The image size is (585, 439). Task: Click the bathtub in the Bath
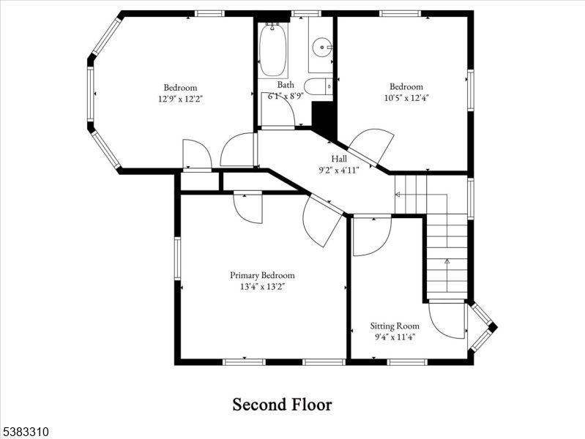(273, 49)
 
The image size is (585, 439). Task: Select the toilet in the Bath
(318, 87)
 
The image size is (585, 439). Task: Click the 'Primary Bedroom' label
(262, 275)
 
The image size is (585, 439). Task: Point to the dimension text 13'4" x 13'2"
(262, 287)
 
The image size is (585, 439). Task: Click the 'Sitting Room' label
(395, 326)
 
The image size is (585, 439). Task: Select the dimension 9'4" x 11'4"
(395, 337)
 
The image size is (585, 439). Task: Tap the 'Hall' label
(339, 159)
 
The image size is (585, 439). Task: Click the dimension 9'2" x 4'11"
(339, 170)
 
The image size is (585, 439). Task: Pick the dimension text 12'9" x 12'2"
(180, 98)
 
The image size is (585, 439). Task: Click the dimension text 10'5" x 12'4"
(406, 97)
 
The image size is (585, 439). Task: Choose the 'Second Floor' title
(282, 405)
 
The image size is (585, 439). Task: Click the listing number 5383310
(25, 432)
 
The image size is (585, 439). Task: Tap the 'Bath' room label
(285, 85)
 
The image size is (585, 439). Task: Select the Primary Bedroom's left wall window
(177, 258)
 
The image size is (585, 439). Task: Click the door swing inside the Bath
(280, 110)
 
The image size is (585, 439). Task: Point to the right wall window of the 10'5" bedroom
(470, 90)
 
